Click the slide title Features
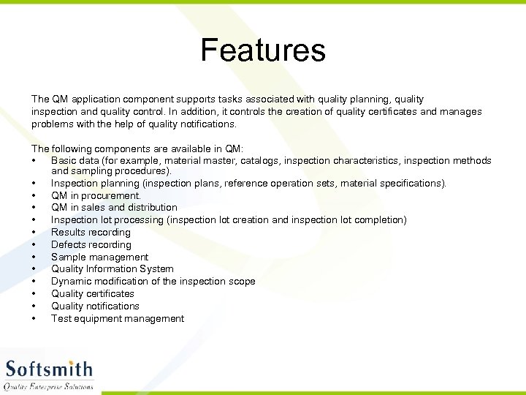pyautogui.click(x=263, y=50)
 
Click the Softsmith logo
pyautogui.click(x=50, y=369)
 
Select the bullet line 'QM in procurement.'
pyautogui.click(x=96, y=195)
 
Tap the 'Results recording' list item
pyautogui.click(x=91, y=232)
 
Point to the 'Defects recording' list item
pyautogui.click(x=91, y=244)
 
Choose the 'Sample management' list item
pyautogui.click(x=99, y=257)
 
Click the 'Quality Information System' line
pyautogui.click(x=113, y=268)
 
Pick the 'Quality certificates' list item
pyautogui.click(x=93, y=293)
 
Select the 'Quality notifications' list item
pyautogui.click(x=95, y=306)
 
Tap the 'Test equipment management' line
pyautogui.click(x=118, y=318)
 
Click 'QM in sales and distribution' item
pyautogui.click(x=114, y=207)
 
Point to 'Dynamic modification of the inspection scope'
pyautogui.click(x=153, y=281)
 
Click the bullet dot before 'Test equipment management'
pyautogui.click(x=34, y=319)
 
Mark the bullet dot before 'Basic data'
pyautogui.click(x=34, y=161)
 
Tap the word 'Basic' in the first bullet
pyautogui.click(x=64, y=160)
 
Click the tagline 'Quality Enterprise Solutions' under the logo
pyautogui.click(x=49, y=386)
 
